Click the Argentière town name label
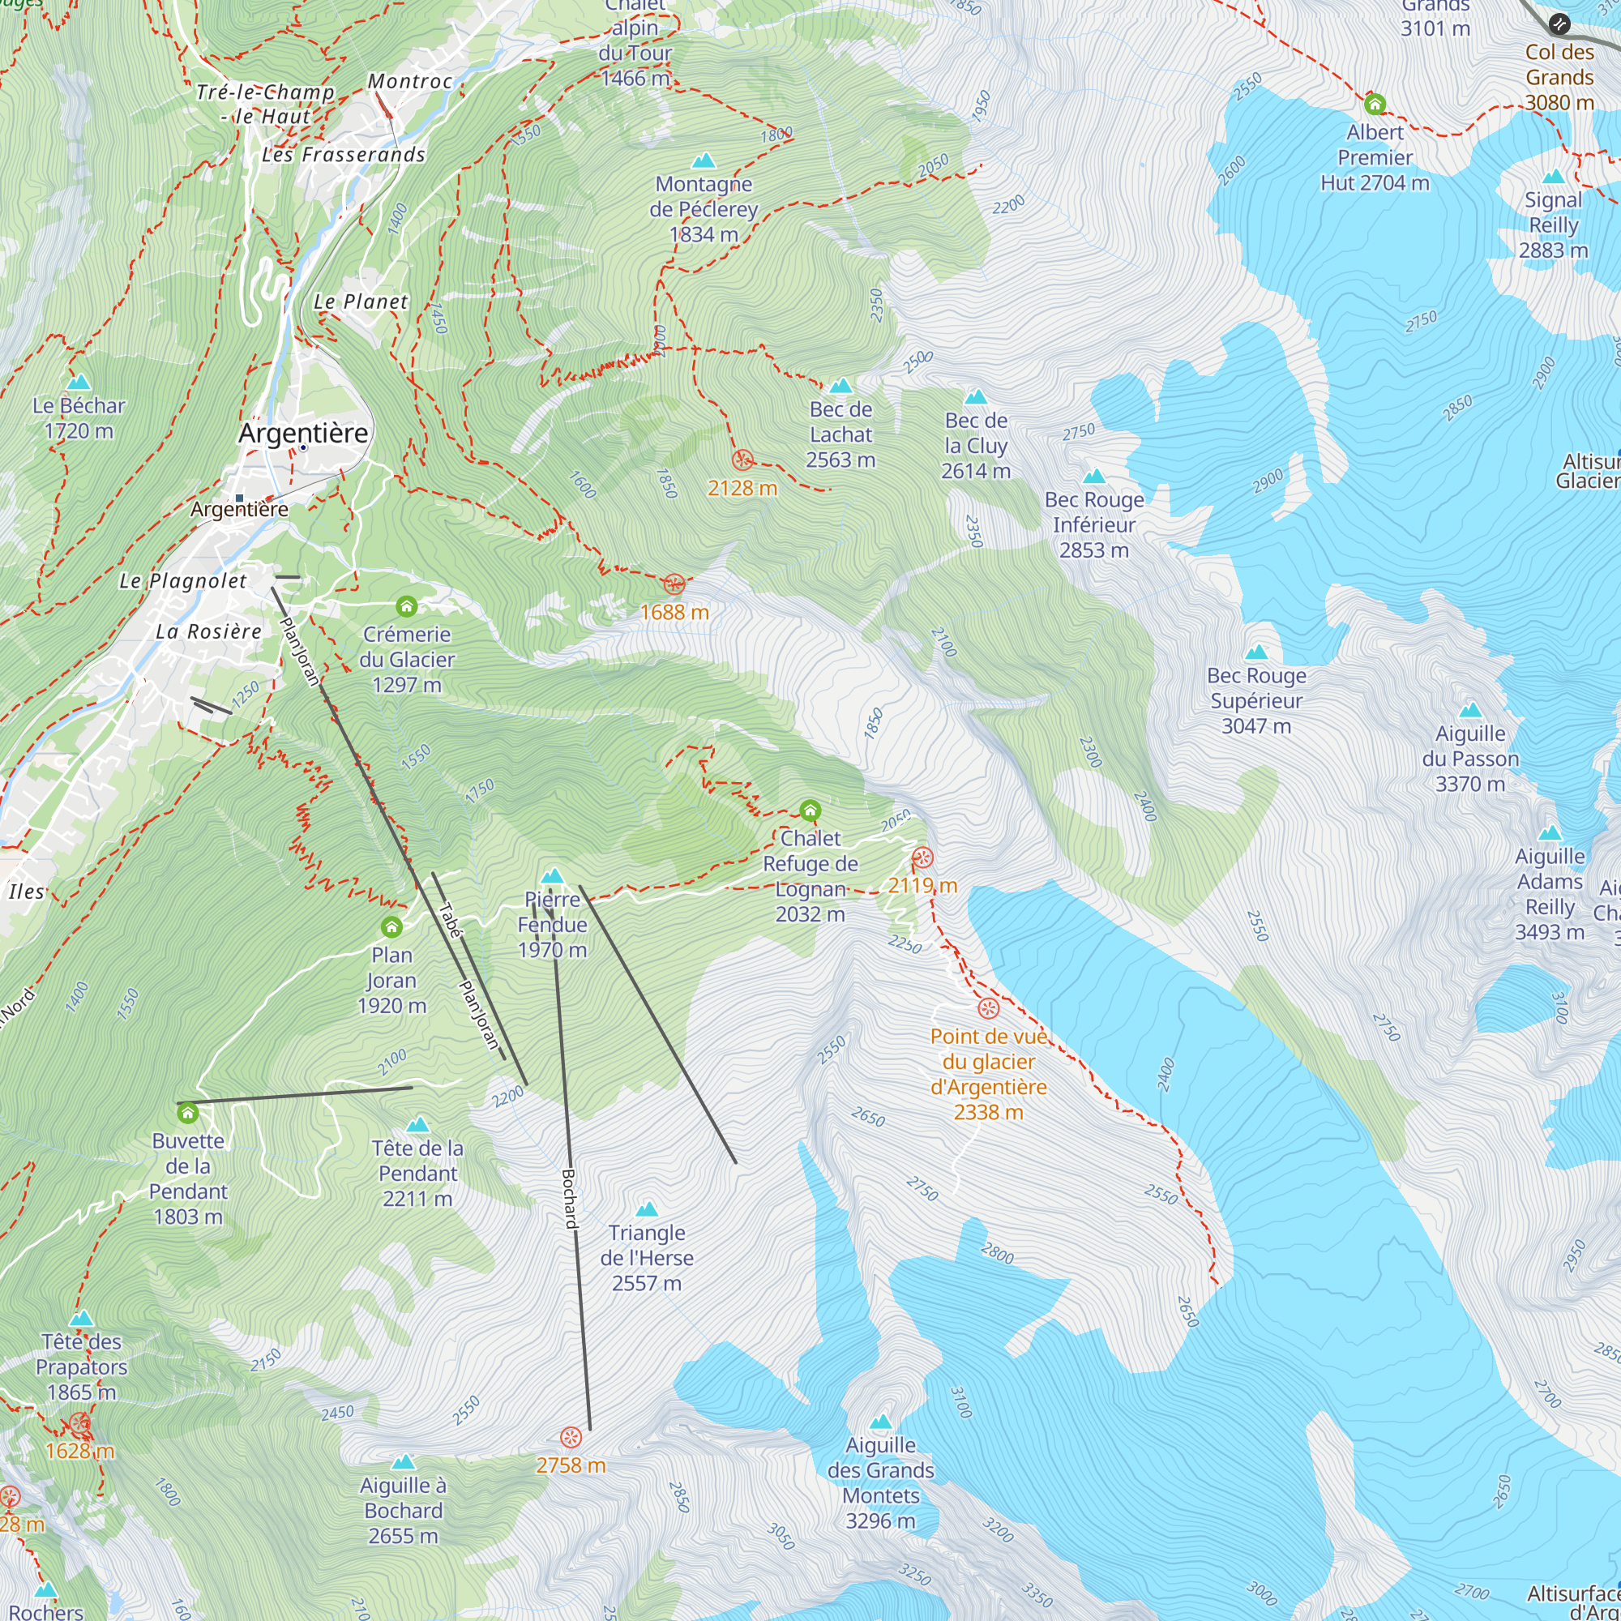coord(303,433)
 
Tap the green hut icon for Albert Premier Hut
coord(1375,104)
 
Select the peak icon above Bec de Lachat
coord(840,386)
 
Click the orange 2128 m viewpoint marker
coord(742,460)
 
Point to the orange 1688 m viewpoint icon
coord(674,585)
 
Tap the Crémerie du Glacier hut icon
coord(407,605)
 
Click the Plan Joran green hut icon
coord(391,927)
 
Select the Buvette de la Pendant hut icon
coord(188,1114)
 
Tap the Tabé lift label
coord(451,920)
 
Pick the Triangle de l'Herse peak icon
coord(647,1209)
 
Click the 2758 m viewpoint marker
coord(571,1437)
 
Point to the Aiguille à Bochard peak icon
coord(404,1461)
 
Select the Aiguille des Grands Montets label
coord(880,1482)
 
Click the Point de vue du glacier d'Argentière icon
coord(988,1007)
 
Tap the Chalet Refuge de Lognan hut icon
coord(810,810)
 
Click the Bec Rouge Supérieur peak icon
coord(1256,652)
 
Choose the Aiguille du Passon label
coord(1470,759)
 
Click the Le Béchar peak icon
coord(79,383)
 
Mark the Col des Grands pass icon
coord(1559,24)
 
